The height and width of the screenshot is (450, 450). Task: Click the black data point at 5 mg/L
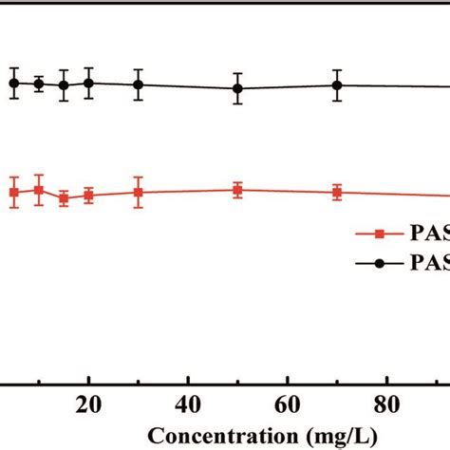14,84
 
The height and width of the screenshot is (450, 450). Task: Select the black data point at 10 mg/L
39,84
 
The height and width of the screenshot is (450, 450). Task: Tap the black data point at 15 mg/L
64,85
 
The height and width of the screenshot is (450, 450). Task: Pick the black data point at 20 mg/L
88,83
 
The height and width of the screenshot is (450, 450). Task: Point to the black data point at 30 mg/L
139,84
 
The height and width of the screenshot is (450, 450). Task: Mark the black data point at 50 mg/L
238,88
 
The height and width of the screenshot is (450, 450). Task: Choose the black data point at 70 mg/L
337,84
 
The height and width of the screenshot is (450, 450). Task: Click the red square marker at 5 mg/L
14,193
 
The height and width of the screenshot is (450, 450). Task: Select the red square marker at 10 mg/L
39,191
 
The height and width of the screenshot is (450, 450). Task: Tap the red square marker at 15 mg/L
64,198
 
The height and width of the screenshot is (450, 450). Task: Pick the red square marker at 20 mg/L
88,196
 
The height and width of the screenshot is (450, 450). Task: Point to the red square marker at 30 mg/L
139,193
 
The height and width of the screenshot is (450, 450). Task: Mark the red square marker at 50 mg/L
238,190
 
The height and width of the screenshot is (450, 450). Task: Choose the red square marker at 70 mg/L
337,192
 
